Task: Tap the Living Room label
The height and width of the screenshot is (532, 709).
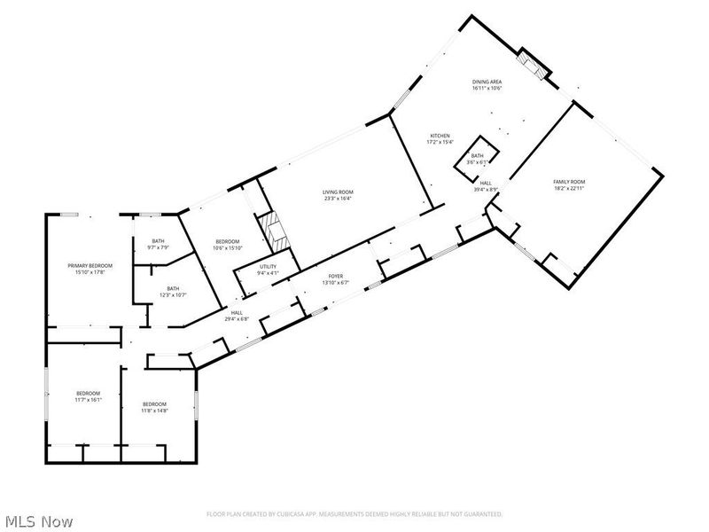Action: click(x=338, y=192)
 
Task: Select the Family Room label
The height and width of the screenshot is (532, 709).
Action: click(x=569, y=181)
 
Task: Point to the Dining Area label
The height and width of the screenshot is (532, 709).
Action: click(x=487, y=82)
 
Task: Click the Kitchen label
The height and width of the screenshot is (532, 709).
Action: click(x=440, y=136)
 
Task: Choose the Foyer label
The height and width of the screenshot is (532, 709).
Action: click(x=336, y=276)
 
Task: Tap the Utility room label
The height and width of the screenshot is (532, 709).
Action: click(x=268, y=267)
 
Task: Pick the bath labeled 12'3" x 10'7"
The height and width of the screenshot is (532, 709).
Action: click(x=173, y=291)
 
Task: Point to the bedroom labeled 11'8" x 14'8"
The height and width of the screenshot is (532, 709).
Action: click(x=155, y=406)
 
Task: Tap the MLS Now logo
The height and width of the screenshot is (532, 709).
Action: click(x=38, y=521)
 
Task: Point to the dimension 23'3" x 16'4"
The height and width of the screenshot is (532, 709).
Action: click(x=338, y=199)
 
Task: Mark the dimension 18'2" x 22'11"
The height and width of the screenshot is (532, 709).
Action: click(x=569, y=187)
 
